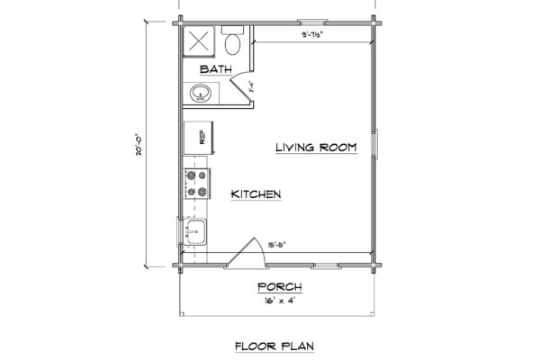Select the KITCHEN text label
pos(256,194)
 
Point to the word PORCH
pos(278,287)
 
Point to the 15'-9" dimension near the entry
pos(278,242)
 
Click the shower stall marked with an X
pos(199,41)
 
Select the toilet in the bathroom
pos(231,42)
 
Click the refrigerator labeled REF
pos(199,138)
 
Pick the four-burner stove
pos(196,183)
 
